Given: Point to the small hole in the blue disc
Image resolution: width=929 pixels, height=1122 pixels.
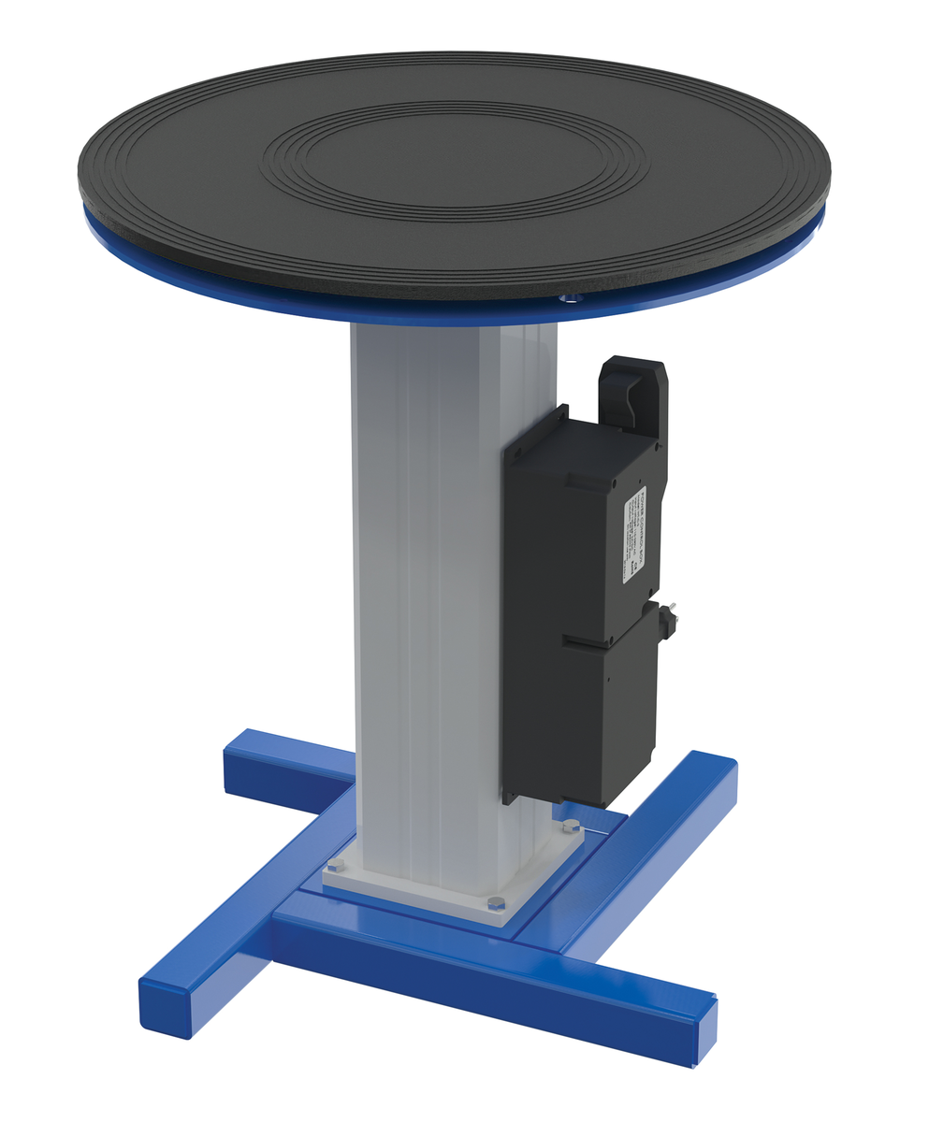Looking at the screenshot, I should click(x=564, y=299).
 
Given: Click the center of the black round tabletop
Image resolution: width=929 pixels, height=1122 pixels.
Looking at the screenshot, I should click(x=455, y=159).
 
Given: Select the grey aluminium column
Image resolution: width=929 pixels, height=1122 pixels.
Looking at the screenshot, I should click(x=430, y=580).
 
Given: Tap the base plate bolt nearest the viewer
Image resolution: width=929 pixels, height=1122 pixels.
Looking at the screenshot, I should click(x=496, y=903).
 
